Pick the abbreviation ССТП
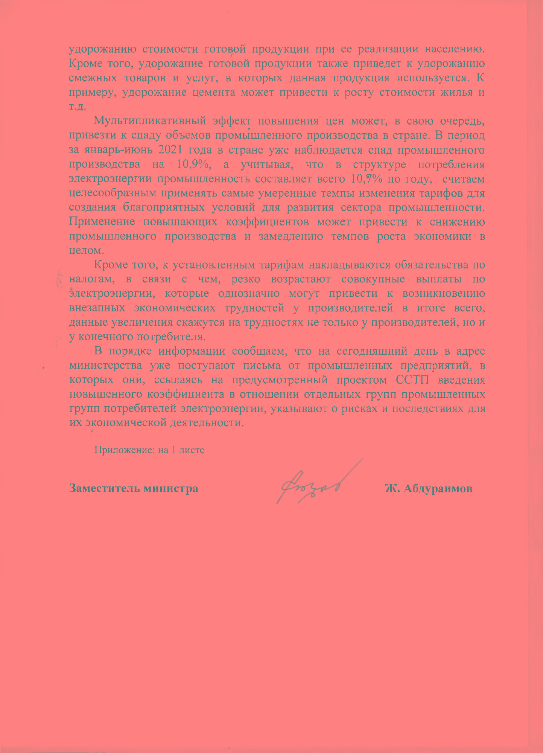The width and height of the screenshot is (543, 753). coord(412,380)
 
